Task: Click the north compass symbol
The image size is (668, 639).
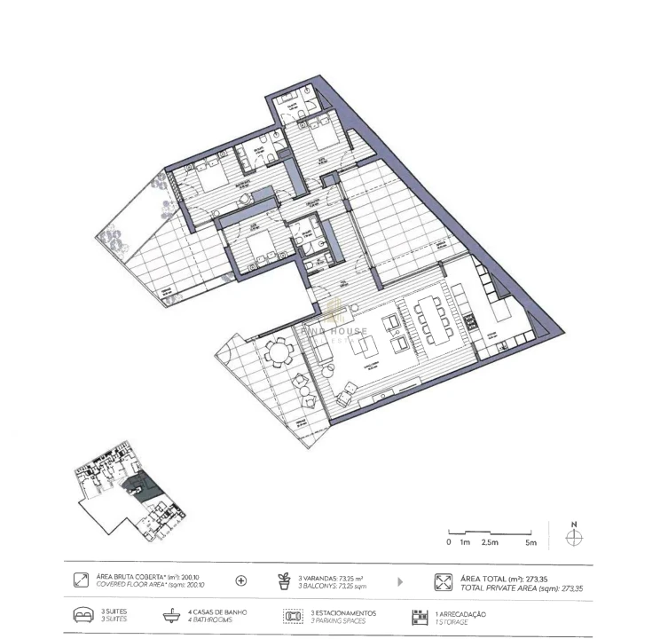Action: coord(574,537)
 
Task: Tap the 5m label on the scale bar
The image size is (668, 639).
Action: coord(530,541)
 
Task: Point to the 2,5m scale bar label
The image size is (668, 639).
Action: coord(489,541)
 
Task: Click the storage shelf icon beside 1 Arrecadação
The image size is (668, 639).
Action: coord(417,616)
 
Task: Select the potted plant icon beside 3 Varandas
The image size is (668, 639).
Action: coord(284,581)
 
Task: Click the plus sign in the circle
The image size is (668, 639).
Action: coord(240,581)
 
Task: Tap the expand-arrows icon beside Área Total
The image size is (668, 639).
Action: coord(442,582)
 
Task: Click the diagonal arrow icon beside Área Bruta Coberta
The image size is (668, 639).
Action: coord(80,581)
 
